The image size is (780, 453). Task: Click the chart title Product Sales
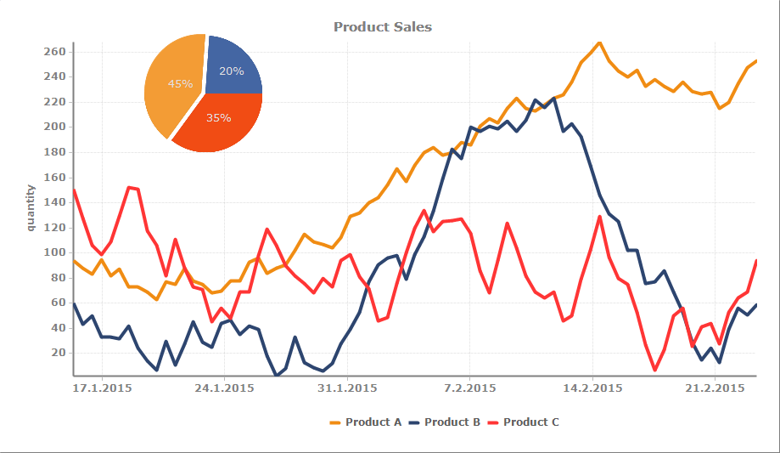click(x=382, y=27)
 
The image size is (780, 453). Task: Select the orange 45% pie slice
click(x=174, y=85)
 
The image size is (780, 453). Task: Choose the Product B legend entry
click(x=444, y=422)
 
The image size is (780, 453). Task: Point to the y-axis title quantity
click(x=31, y=207)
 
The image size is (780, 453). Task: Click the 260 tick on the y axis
click(x=54, y=52)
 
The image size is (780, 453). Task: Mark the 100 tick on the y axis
click(x=54, y=252)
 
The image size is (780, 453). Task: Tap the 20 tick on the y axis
click(x=58, y=353)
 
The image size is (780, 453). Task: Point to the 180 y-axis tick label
click(x=54, y=152)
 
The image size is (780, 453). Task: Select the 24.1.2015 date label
click(x=225, y=388)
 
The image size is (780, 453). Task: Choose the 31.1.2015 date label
click(x=347, y=388)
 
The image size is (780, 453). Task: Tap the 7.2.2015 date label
click(x=469, y=388)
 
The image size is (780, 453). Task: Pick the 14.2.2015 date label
click(x=592, y=388)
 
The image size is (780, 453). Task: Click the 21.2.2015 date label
click(x=714, y=388)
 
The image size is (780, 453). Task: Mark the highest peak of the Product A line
click(x=599, y=42)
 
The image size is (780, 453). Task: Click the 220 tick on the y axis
click(x=54, y=102)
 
